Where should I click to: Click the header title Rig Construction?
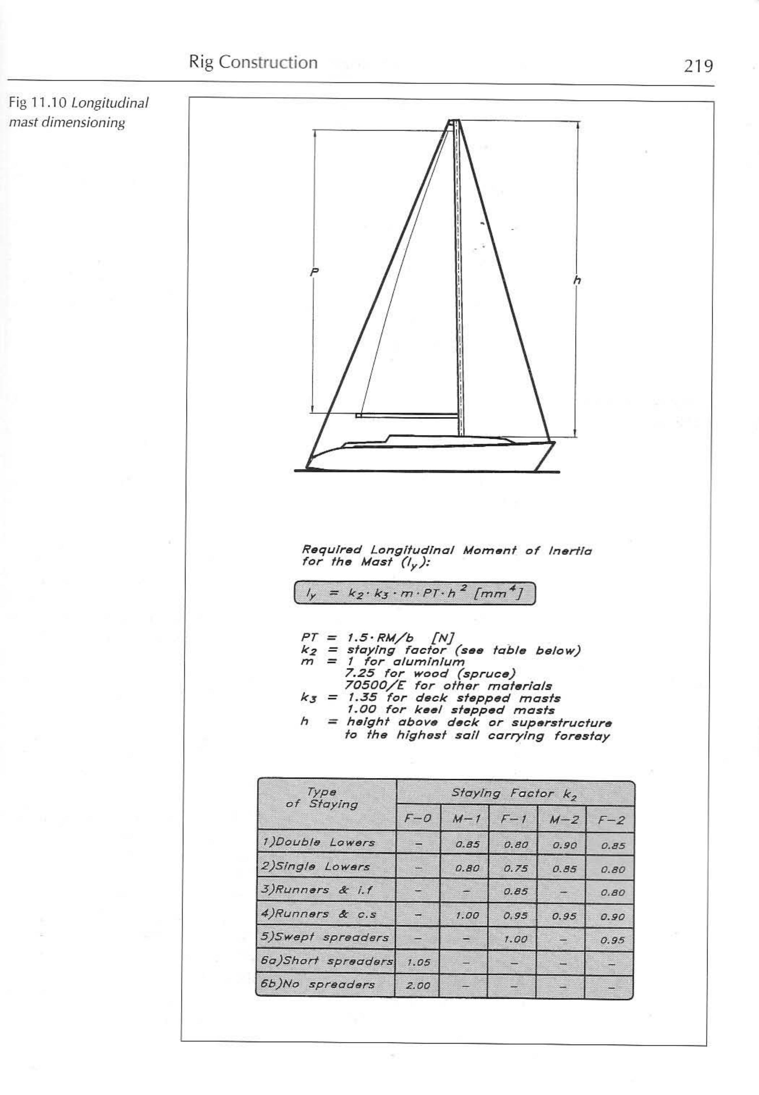253,62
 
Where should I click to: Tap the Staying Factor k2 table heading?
515,794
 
